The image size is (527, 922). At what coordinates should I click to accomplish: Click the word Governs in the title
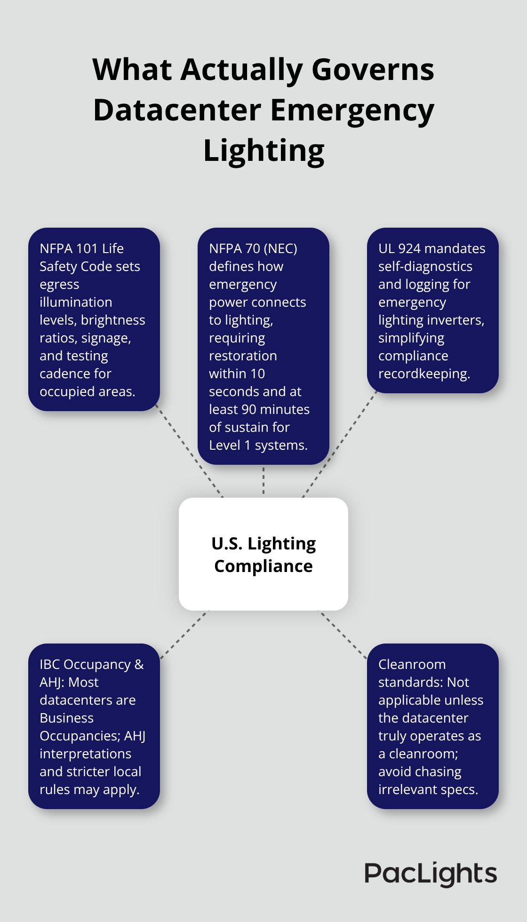coord(373,70)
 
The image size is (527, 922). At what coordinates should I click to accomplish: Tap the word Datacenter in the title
coord(177,110)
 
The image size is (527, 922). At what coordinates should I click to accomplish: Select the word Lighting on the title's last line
coord(263,151)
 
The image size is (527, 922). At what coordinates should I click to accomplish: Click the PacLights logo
coord(431,874)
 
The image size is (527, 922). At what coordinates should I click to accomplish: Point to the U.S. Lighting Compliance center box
coord(263,554)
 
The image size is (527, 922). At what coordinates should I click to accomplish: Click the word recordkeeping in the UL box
coord(424,374)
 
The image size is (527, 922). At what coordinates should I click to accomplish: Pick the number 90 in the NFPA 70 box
coord(249,410)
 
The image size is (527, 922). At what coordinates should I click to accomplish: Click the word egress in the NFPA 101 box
coord(59,285)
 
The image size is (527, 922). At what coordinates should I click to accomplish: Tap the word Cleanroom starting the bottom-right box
coord(412,664)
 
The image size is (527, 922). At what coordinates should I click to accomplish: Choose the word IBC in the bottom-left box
coord(50,664)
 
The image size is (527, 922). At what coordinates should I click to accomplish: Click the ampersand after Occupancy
coord(139,664)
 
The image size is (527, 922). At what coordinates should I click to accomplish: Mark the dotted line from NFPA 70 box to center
coord(263,481)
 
